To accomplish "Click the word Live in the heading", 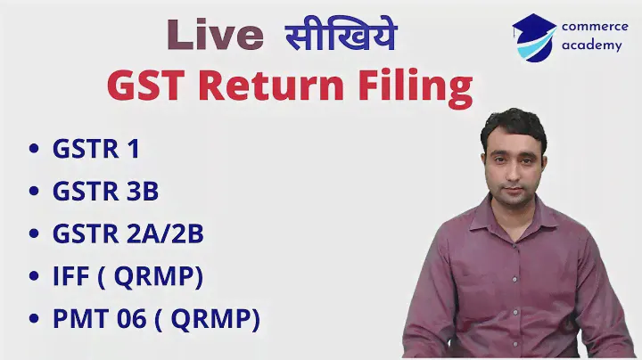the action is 215,35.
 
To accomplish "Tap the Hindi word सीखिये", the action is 341,34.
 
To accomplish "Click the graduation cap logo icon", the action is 534,37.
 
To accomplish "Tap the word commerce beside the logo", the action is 595,27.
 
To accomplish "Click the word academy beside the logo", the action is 592,45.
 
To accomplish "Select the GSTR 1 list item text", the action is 96,149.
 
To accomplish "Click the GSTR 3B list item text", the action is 105,191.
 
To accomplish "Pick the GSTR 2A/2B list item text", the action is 128,233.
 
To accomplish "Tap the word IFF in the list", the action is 71,275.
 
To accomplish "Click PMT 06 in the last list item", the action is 100,318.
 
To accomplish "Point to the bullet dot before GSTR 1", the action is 34,148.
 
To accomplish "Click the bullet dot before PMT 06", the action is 34,318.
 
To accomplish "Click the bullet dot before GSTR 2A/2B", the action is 34,233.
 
